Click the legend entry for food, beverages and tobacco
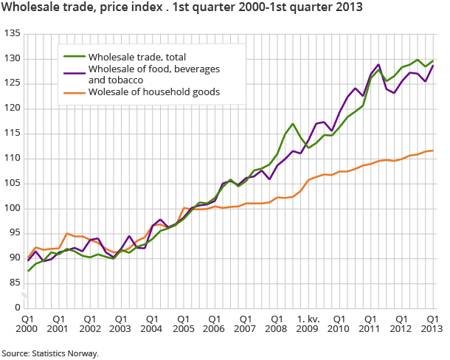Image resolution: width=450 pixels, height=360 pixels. [x=145, y=75]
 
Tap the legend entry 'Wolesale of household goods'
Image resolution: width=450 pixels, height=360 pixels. [x=148, y=91]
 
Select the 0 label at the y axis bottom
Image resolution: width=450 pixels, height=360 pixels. [x=16, y=307]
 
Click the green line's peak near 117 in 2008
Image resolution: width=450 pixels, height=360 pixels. [x=293, y=124]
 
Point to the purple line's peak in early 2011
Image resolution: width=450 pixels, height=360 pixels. [x=378, y=65]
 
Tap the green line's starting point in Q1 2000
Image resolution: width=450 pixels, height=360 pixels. [x=28, y=271]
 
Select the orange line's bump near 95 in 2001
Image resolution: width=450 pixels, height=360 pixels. [x=66, y=233]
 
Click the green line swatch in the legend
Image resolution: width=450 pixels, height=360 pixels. [x=72, y=57]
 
